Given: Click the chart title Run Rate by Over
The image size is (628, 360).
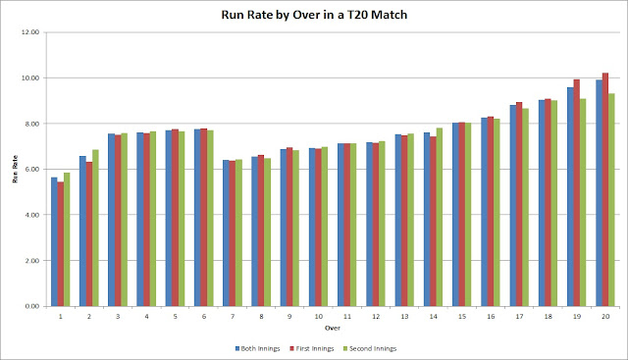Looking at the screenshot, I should (314, 14).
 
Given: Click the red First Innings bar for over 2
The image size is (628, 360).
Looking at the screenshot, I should (89, 233).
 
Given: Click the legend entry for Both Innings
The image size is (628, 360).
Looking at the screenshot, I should (261, 348).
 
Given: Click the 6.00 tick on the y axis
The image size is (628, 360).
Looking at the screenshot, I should (32, 169).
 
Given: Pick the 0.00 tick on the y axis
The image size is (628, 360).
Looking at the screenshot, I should (32, 306).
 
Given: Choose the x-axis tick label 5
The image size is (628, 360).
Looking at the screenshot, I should (175, 315).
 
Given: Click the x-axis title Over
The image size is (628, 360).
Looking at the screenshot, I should (333, 326).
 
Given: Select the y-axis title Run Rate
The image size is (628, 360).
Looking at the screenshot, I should (13, 169).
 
